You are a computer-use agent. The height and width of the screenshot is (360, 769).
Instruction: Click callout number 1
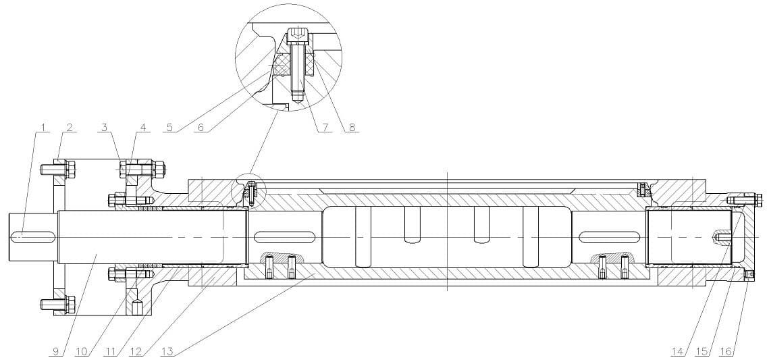44,128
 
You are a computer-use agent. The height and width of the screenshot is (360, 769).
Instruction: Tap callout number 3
104,128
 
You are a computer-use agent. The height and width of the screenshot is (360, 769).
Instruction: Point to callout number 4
143,128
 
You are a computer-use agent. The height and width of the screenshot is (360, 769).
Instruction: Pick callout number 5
169,128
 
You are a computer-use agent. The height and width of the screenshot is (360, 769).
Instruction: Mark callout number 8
351,128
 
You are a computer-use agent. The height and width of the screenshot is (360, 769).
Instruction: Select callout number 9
57,351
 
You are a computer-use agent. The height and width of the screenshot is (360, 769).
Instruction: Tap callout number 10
82,351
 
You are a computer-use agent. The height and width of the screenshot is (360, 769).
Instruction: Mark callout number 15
702,351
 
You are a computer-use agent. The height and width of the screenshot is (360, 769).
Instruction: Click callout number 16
726,351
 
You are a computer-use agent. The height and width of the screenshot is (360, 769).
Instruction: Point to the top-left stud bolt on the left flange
58,170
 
